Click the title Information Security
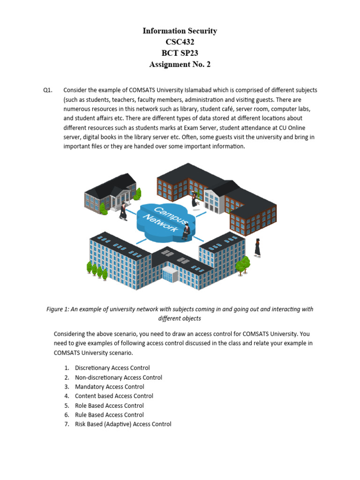pos(180,31)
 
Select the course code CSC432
pos(180,42)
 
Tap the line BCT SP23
pos(180,53)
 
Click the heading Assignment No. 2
pos(180,65)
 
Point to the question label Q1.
pos(48,90)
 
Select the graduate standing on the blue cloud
pos(186,231)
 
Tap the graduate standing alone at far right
pos(257,247)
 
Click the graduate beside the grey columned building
pos(123,211)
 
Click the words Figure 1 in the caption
pos(59,309)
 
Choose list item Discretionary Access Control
pos(112,368)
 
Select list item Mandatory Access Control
pos(109,387)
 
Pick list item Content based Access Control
pos(114,396)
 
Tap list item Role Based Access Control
pos(109,405)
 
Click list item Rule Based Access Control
pos(109,415)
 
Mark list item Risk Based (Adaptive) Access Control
pos(123,424)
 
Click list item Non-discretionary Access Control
pos(118,377)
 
